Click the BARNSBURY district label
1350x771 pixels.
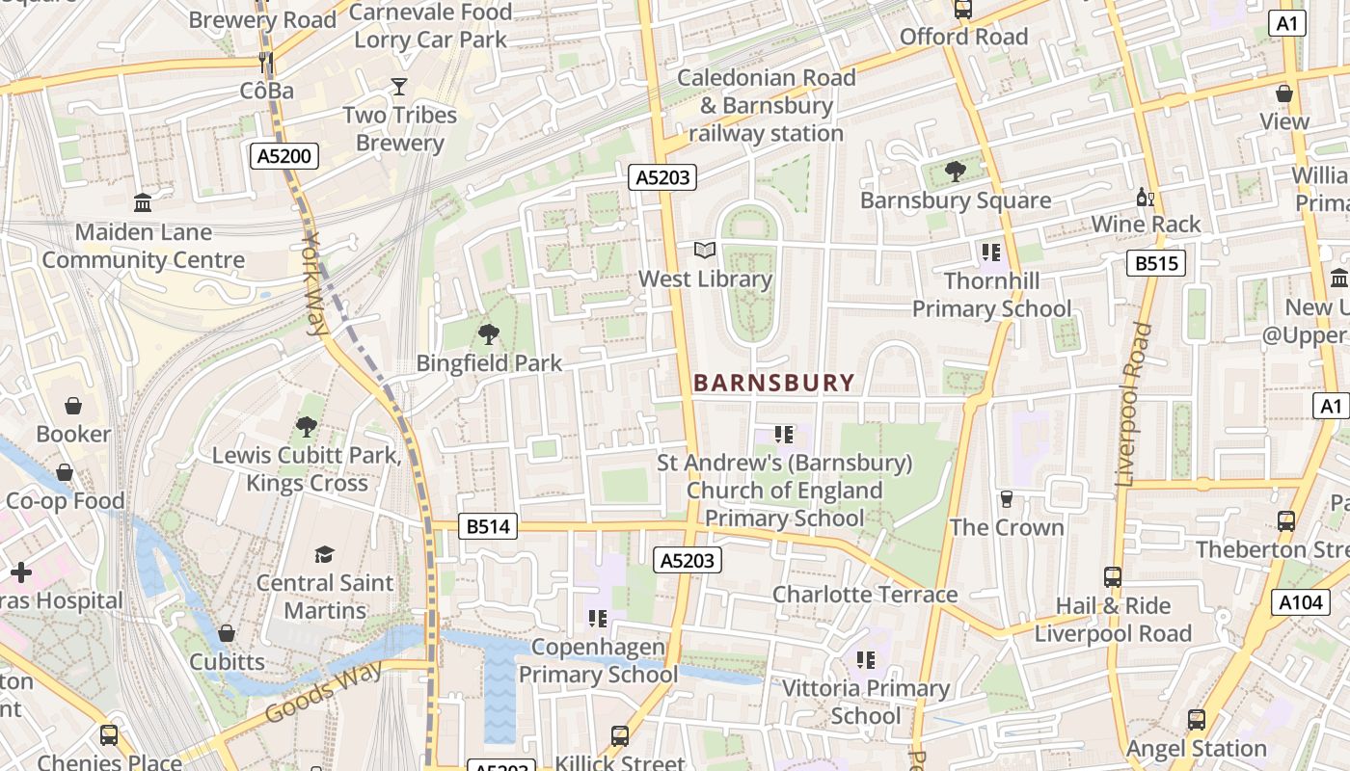(774, 383)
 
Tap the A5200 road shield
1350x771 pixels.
(285, 156)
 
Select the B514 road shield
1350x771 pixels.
(488, 526)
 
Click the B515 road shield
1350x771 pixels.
(1156, 263)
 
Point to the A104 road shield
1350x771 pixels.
(1300, 602)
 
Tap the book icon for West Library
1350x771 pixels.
(706, 251)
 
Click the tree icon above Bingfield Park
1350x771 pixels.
(489, 334)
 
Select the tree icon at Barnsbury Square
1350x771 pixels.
(956, 172)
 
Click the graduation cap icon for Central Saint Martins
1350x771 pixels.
(324, 554)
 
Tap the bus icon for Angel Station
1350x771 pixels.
(1197, 719)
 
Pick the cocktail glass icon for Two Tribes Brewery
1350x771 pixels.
(399, 87)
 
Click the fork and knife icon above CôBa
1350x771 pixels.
(266, 63)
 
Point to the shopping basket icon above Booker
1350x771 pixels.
(73, 406)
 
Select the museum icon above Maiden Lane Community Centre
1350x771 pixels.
(143, 202)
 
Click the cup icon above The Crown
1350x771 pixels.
(1007, 498)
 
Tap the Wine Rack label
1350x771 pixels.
(1146, 225)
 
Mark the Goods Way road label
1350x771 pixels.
(323, 690)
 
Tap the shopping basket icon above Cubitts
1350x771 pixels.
(227, 633)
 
